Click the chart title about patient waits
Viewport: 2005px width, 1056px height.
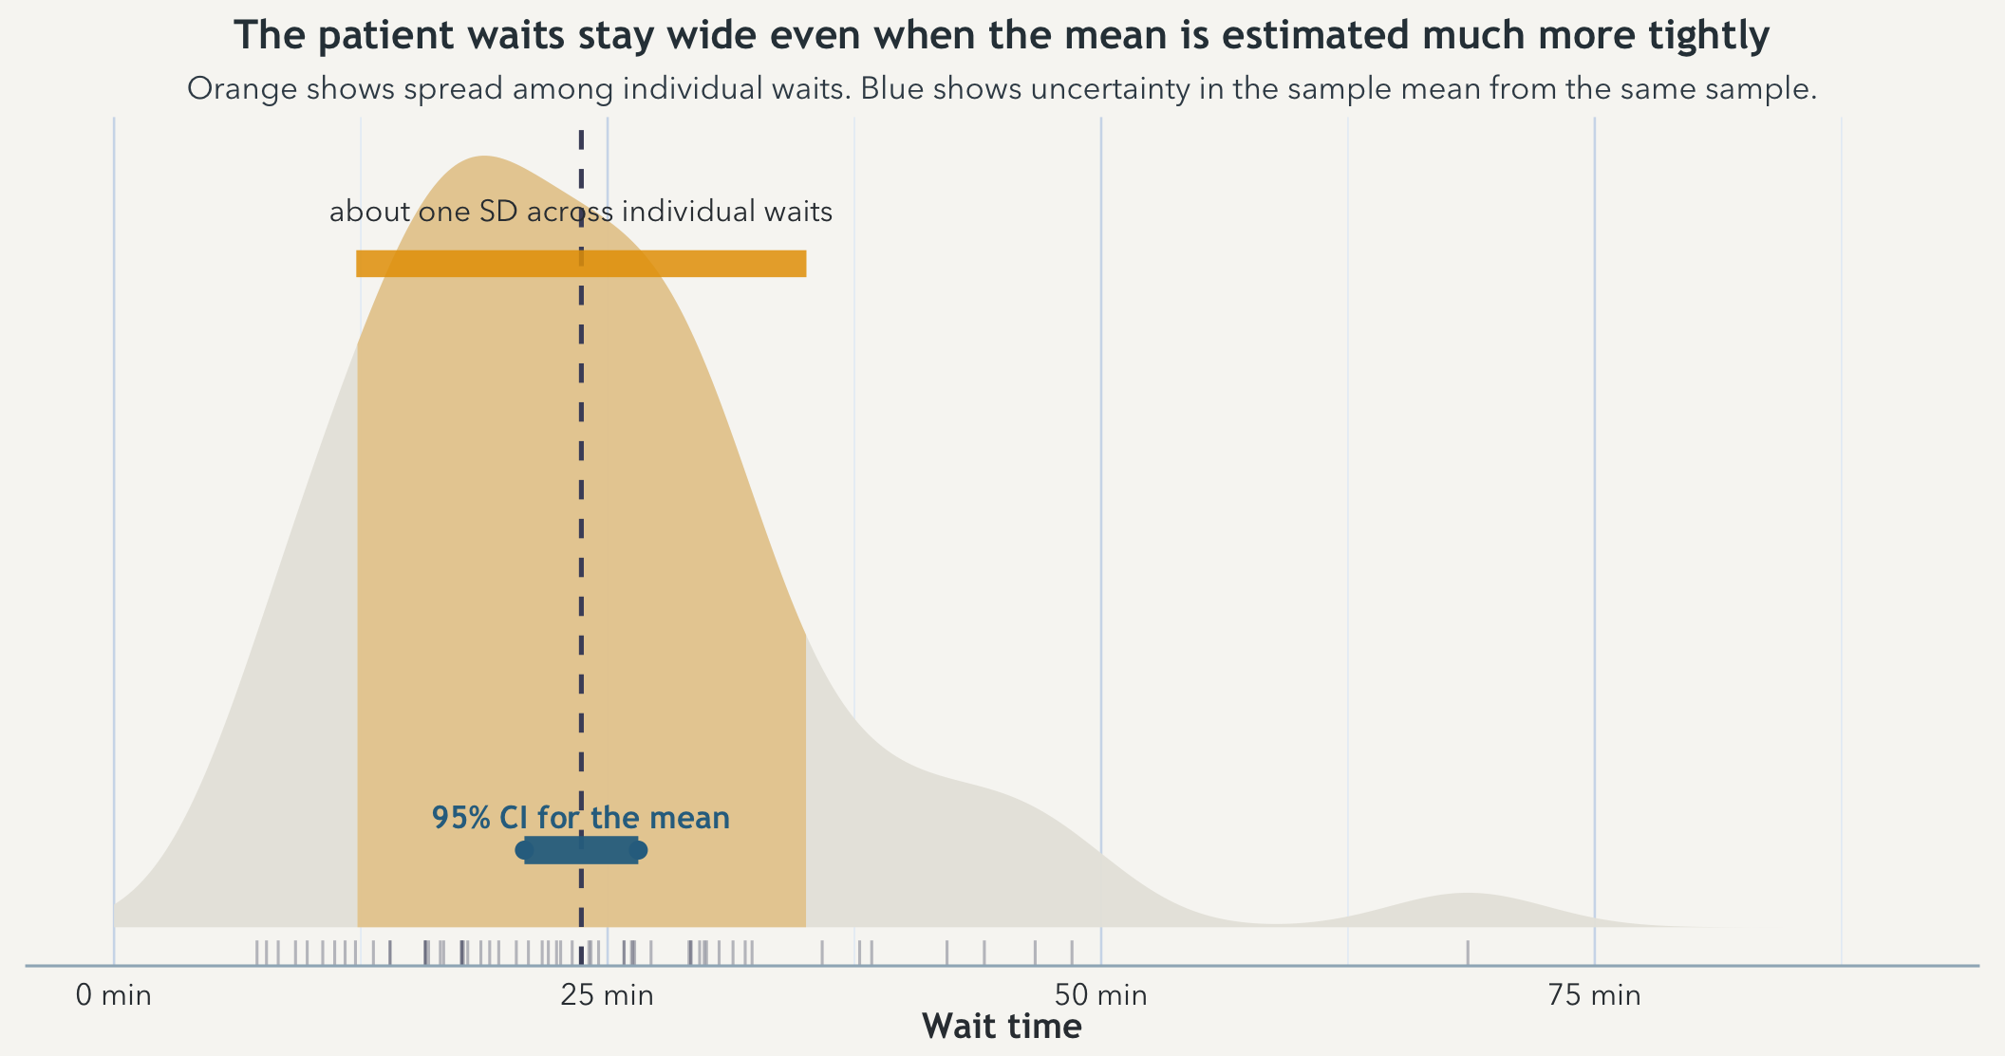click(1002, 36)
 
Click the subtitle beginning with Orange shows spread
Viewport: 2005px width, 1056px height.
click(1002, 89)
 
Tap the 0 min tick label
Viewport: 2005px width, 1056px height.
click(113, 995)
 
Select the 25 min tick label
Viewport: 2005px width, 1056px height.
click(607, 995)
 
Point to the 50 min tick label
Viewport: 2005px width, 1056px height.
click(1100, 995)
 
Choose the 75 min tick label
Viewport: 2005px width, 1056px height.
click(1594, 995)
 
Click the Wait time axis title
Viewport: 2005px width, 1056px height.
click(1002, 1027)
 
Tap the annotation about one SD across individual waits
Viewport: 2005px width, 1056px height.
click(580, 212)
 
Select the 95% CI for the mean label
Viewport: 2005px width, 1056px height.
click(580, 818)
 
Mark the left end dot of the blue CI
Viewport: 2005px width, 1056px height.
click(524, 850)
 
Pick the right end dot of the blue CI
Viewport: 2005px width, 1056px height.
click(638, 850)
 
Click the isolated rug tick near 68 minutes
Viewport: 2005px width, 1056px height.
click(1468, 952)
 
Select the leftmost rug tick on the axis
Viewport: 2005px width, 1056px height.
click(256, 952)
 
